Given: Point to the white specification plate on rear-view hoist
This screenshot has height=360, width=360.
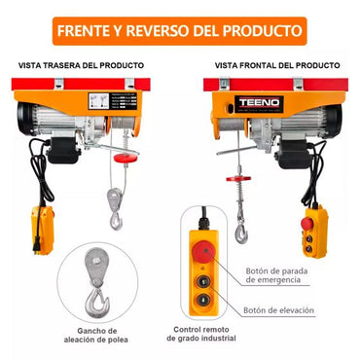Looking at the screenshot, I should click(x=99, y=103).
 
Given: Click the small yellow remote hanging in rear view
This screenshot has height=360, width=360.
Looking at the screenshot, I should click(x=44, y=229).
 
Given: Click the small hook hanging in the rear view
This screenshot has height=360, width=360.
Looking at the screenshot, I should click(x=118, y=209).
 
